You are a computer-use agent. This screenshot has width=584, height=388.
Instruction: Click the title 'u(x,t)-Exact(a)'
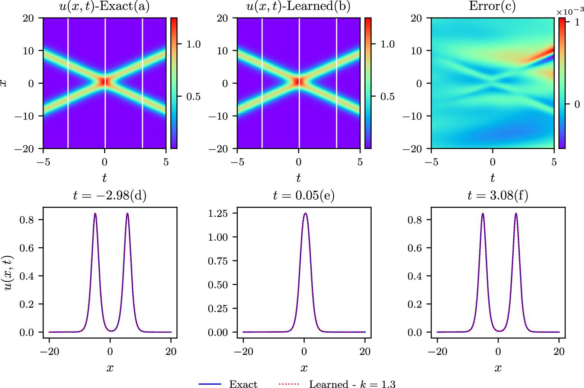click(x=105, y=7)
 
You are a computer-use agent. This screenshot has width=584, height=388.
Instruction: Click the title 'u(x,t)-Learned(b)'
click(x=298, y=7)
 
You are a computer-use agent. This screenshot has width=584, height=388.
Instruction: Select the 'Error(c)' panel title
click(x=492, y=6)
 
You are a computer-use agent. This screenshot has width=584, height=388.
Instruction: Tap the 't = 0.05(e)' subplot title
click(x=304, y=195)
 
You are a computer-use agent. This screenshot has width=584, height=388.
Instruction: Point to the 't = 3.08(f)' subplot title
click(x=498, y=195)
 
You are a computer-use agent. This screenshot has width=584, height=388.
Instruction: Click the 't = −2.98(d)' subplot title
click(x=110, y=195)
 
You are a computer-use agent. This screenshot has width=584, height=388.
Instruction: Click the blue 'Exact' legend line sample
click(x=210, y=384)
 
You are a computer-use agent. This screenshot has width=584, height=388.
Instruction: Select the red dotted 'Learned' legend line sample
click(x=289, y=384)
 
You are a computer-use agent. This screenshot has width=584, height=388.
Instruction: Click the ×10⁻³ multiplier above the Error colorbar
click(x=570, y=12)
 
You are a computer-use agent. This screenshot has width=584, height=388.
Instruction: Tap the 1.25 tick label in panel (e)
click(x=218, y=213)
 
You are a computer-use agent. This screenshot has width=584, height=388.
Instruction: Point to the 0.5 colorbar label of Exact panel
click(x=193, y=97)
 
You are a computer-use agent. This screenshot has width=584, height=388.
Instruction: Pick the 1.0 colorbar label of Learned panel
click(x=388, y=44)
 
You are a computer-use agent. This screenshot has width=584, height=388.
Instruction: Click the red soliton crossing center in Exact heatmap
click(x=105, y=81)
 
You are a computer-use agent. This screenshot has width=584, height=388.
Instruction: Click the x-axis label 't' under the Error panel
click(x=492, y=178)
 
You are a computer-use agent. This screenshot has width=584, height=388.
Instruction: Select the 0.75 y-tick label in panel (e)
click(x=218, y=261)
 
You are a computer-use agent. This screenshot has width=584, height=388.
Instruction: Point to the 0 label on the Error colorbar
click(x=577, y=104)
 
